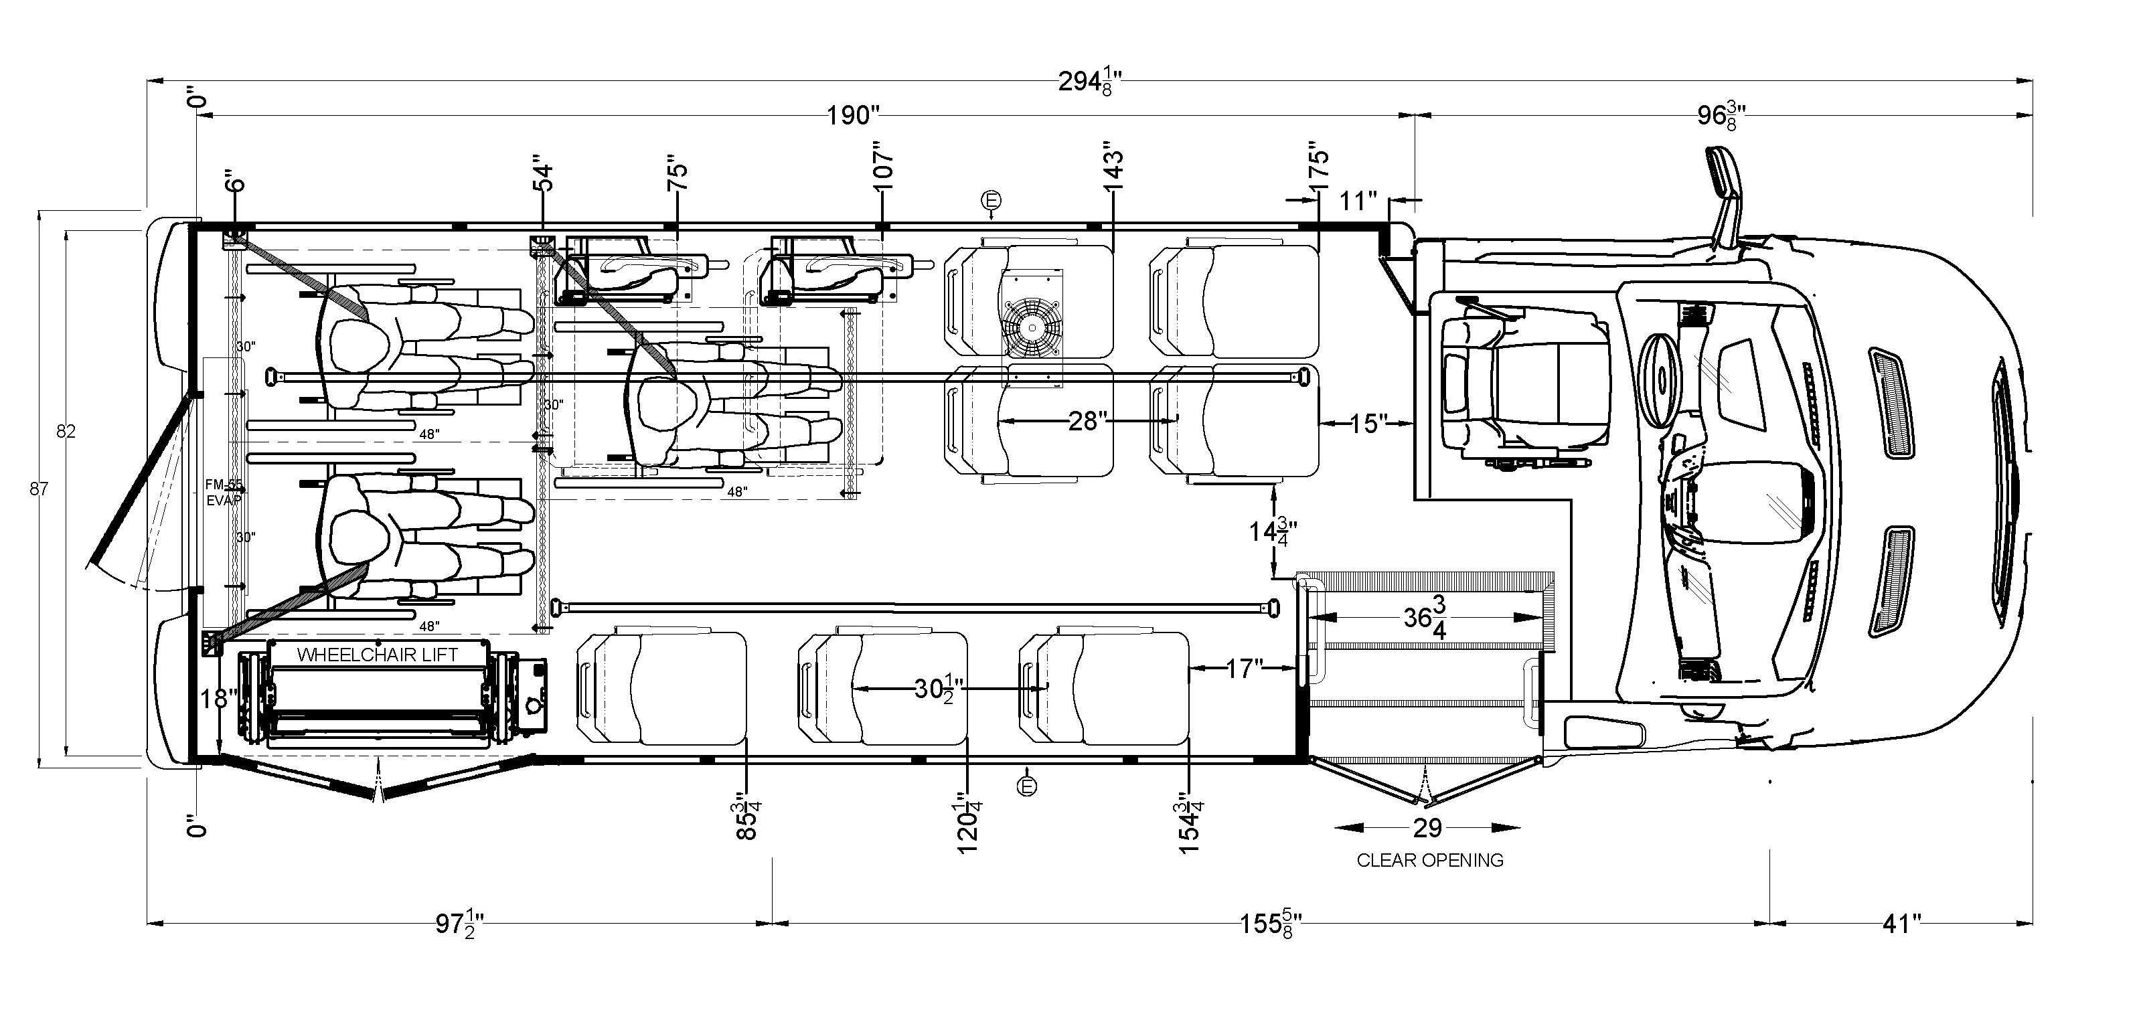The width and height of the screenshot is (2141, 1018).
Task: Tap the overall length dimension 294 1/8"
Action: tap(1091, 83)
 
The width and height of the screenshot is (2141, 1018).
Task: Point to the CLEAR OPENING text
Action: tap(1429, 861)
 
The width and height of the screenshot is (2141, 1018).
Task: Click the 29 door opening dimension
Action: tap(1427, 828)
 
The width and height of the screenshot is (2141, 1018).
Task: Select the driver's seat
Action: tap(1521, 382)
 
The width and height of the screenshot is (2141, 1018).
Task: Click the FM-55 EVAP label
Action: tap(224, 492)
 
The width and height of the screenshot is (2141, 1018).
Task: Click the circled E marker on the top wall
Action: tap(991, 200)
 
